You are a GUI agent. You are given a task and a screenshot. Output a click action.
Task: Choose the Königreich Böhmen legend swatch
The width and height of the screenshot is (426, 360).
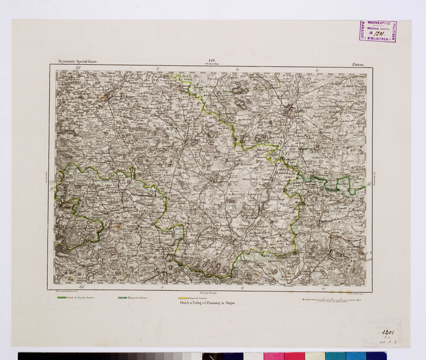click(x=123, y=297)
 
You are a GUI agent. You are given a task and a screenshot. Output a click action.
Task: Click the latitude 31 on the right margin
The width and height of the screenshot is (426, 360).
click(x=368, y=185)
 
